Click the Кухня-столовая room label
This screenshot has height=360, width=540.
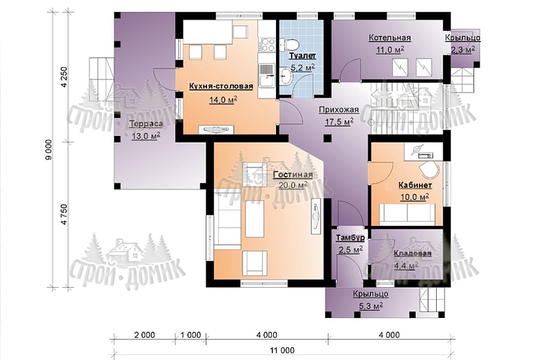pos(221,86)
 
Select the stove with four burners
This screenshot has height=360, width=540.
pos(268,44)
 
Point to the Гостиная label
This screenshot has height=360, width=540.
pos(293,175)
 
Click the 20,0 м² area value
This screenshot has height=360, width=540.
pos(293,185)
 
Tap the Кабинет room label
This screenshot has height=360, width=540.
pos(415,185)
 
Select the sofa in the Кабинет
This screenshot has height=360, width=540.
pos(407,213)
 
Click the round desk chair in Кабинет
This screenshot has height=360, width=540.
pos(430,169)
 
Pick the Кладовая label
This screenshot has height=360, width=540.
pos(413,254)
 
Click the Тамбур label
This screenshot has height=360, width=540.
pos(350,238)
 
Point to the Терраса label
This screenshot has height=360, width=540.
pos(146,124)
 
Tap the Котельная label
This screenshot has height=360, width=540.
pos(390,37)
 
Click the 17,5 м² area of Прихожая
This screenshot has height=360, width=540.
pos(339,122)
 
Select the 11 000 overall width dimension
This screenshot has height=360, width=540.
pos(282,350)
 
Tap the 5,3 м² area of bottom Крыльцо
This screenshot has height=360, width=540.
pos(371,305)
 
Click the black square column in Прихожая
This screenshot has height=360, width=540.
pos(328,139)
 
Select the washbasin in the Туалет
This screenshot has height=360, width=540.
pos(286,75)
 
